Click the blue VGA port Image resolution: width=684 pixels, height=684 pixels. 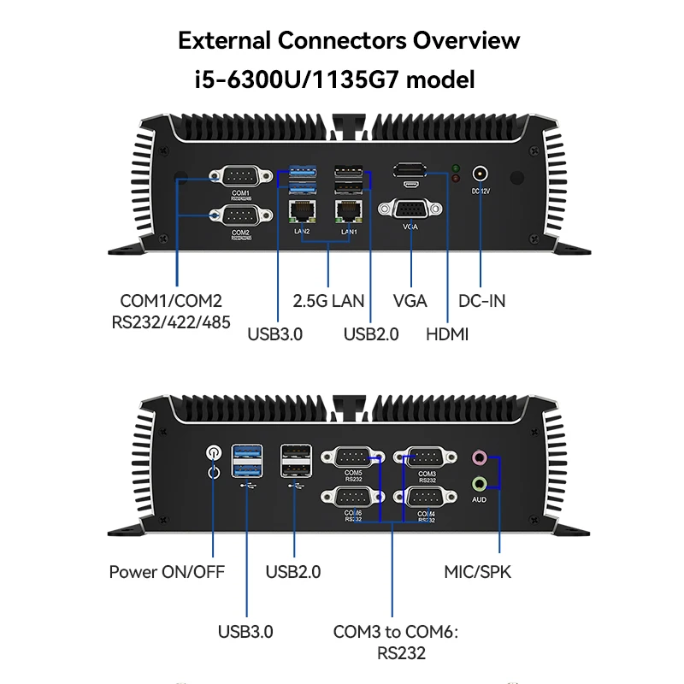[411, 210]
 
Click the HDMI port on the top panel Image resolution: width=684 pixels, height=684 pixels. [411, 169]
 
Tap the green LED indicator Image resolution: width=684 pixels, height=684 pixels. [456, 168]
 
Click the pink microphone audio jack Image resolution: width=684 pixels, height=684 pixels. [480, 457]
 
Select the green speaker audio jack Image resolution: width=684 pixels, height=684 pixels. [480, 484]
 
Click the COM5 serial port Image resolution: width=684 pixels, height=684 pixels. [353, 457]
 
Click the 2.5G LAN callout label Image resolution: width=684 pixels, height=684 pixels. [328, 301]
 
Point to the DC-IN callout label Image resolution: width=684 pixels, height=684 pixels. [481, 301]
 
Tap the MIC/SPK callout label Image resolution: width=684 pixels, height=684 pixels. [477, 572]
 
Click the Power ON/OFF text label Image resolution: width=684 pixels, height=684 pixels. [167, 572]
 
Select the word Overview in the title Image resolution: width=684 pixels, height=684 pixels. [466, 41]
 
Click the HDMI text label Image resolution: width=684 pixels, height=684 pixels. [447, 334]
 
